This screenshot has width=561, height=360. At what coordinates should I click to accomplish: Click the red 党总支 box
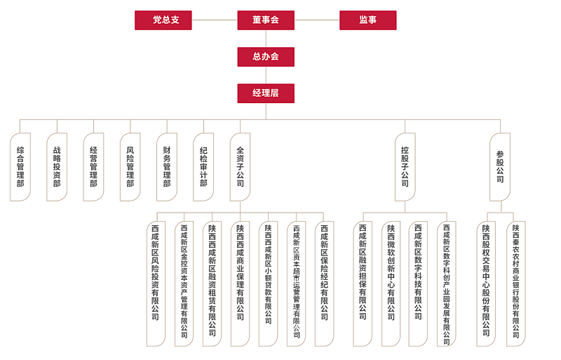[163, 20]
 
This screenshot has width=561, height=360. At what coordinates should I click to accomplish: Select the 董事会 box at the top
[266, 20]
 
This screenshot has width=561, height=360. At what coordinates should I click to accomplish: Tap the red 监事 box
[367, 20]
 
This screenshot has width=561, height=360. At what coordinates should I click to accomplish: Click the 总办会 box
[266, 57]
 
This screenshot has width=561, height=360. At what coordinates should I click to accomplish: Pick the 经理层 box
[266, 93]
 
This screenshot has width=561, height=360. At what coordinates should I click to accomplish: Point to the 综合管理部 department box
[20, 167]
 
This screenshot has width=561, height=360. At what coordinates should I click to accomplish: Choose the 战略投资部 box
[57, 167]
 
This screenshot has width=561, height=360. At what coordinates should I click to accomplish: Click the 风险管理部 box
[130, 167]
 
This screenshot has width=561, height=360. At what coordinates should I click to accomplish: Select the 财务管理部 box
[166, 167]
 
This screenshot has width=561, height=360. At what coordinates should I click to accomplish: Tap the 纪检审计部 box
[203, 167]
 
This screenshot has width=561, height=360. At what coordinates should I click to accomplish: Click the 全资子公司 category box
[240, 167]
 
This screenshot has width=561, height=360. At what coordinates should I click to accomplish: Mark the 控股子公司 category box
[405, 167]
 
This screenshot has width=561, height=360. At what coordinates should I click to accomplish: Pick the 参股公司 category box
[500, 167]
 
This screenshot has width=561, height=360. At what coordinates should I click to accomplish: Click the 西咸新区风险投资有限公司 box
[156, 284]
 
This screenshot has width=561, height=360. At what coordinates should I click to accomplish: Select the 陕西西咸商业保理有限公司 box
[240, 284]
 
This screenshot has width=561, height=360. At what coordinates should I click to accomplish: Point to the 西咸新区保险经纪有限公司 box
[324, 284]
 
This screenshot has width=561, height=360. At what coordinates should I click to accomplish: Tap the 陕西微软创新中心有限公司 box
[391, 284]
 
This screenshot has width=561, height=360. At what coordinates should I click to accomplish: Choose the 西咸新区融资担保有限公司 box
[363, 284]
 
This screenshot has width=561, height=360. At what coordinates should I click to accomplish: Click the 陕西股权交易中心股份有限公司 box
[486, 284]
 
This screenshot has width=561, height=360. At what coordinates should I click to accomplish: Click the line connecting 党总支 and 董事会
[214, 20]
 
